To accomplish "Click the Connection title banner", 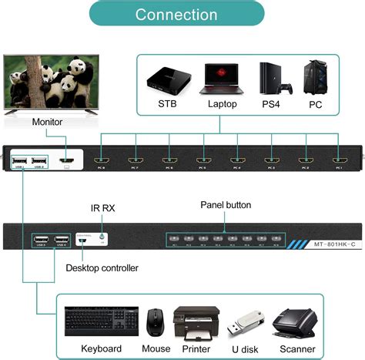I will click(x=176, y=15).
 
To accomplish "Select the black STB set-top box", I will click(x=167, y=78).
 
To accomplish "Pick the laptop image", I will click(x=223, y=78).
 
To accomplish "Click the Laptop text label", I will click(x=223, y=103).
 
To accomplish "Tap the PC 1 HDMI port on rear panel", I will click(x=337, y=163).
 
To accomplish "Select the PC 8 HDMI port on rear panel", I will click(x=100, y=163).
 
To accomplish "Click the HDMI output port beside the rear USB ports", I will click(x=67, y=162).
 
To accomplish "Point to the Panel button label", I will click(x=226, y=205).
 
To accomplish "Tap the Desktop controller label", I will click(x=102, y=267).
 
